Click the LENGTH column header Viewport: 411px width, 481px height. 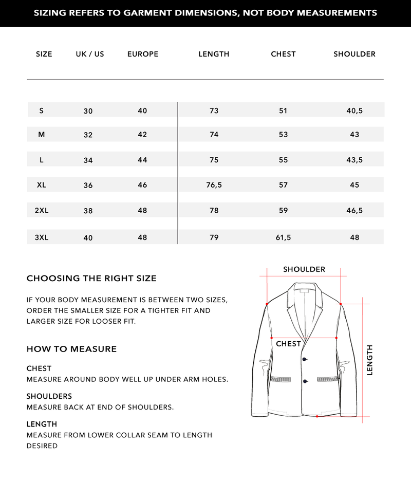pyautogui.click(x=214, y=54)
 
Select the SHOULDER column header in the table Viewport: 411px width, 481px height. pyautogui.click(x=354, y=54)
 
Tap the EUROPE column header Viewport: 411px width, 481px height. pyautogui.click(x=143, y=54)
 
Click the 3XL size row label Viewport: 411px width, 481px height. pyautogui.click(x=42, y=237)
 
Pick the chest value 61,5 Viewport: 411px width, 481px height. pyautogui.click(x=283, y=237)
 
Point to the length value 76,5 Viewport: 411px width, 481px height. pyautogui.click(x=214, y=185)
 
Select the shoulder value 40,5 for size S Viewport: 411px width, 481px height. pyautogui.click(x=354, y=110)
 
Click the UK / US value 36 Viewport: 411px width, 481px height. pyautogui.click(x=88, y=186)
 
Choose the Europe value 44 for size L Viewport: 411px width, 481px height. pyautogui.click(x=142, y=160)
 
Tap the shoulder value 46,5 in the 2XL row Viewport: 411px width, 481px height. pyautogui.click(x=354, y=210)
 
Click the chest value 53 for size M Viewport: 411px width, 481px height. pyautogui.click(x=283, y=135)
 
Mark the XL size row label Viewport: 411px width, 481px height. pyautogui.click(x=42, y=185)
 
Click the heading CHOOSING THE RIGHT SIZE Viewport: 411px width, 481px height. pyautogui.click(x=91, y=279)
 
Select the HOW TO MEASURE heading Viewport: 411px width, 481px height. pyautogui.click(x=71, y=349)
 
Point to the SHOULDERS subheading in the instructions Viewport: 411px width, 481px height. pyautogui.click(x=49, y=396)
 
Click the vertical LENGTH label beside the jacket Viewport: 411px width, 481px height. pyautogui.click(x=370, y=360)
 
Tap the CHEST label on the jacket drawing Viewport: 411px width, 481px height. pyautogui.click(x=288, y=344)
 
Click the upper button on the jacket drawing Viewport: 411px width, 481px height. pyautogui.click(x=305, y=359)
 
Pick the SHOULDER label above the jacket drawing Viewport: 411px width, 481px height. pyautogui.click(x=304, y=269)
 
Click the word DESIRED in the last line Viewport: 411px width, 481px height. pyautogui.click(x=42, y=446)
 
